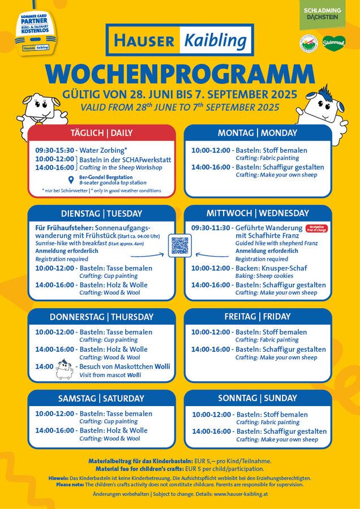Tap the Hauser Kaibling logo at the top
[180, 40]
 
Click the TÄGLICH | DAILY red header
[101, 133]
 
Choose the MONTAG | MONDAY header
[258, 133]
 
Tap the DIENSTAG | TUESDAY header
[101, 214]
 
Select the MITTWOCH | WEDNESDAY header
[258, 214]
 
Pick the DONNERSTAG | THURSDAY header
[101, 317]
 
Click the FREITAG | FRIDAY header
[258, 317]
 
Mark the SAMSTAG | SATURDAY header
[101, 399]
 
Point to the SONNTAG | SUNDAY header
[258, 399]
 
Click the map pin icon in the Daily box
[71, 180]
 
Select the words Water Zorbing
[102, 151]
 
